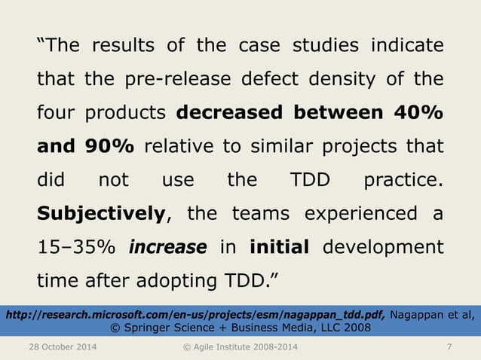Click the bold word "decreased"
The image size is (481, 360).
(x=228, y=113)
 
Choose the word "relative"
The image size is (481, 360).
(x=181, y=147)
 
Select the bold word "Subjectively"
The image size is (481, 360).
(x=101, y=215)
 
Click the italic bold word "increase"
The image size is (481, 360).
(x=167, y=248)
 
